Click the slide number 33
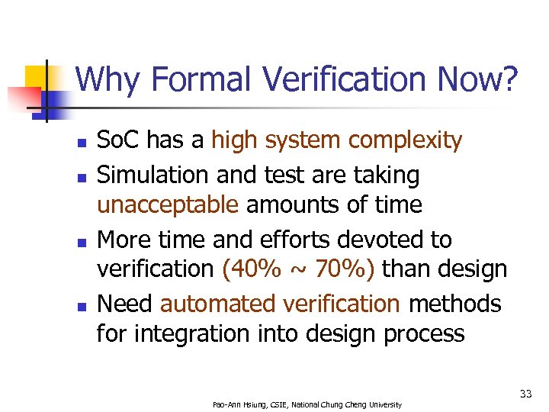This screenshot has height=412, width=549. click(x=525, y=394)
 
